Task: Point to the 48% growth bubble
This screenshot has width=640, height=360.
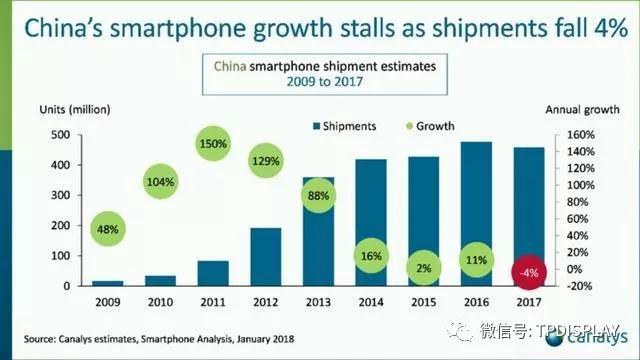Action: point(108,230)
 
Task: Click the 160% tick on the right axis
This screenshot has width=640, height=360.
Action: point(583,134)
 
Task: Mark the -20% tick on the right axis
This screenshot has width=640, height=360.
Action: point(583,286)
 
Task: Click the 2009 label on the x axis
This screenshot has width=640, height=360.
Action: point(108,299)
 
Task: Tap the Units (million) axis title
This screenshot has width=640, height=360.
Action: point(75,109)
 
